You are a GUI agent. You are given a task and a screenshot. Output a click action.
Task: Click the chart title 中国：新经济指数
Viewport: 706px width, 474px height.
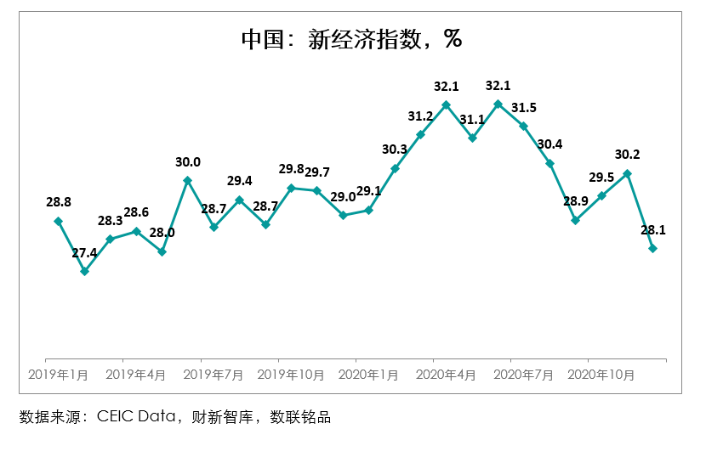[351, 39]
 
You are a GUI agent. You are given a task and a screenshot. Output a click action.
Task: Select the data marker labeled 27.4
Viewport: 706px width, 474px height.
[84, 272]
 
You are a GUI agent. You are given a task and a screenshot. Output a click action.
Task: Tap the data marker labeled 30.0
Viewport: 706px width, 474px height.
[187, 180]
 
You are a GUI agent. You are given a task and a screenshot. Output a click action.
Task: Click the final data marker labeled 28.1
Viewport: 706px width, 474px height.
[653, 248]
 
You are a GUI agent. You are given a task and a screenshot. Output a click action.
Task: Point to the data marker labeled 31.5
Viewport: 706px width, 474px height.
[524, 126]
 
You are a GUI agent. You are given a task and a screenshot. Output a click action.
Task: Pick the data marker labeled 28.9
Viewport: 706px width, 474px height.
[576, 220]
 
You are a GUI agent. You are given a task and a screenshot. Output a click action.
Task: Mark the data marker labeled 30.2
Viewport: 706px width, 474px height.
[628, 173]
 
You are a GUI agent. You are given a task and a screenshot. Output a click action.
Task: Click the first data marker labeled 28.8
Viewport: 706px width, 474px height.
[58, 221]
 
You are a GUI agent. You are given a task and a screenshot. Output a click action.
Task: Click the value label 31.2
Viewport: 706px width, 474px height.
[421, 116]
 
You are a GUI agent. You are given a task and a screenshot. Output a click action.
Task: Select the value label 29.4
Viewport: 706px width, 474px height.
[239, 181]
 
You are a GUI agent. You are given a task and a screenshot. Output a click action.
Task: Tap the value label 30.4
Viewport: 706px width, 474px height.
[549, 144]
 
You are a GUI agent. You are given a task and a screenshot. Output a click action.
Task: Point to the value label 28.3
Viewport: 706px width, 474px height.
[110, 221]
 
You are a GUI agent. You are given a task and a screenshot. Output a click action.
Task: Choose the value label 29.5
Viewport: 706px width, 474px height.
[601, 178]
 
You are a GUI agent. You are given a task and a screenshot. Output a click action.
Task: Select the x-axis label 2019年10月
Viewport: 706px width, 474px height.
[293, 374]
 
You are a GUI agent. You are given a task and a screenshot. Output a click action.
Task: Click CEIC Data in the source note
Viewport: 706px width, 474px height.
[136, 417]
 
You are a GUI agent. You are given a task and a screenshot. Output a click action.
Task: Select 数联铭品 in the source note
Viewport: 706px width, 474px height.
[300, 417]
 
